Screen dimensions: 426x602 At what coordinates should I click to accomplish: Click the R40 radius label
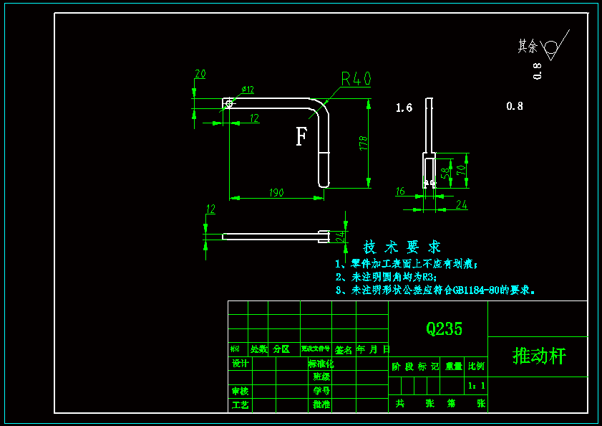[x=356, y=78]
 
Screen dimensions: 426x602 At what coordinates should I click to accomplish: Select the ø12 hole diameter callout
[x=248, y=90]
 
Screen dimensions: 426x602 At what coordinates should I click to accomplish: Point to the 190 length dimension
[x=276, y=193]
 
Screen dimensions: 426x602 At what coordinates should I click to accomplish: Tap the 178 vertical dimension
[x=364, y=143]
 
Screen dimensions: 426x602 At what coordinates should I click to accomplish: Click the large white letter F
[x=301, y=136]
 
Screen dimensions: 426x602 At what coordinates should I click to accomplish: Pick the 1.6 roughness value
[x=404, y=108]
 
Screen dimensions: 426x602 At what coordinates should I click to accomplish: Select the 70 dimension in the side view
[x=462, y=171]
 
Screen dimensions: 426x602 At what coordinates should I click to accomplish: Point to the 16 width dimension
[x=400, y=191]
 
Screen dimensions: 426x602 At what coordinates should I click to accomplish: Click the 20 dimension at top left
[x=200, y=74]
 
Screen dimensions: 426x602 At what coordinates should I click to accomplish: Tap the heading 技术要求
[x=402, y=247]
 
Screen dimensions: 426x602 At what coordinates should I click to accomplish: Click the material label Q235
[x=444, y=329]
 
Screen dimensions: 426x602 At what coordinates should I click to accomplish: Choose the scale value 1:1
[x=476, y=386]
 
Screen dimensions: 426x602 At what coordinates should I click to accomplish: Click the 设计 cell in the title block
[x=241, y=364]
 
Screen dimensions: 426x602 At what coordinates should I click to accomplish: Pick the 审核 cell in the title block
[x=241, y=391]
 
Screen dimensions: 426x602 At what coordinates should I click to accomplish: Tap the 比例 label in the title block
[x=476, y=366]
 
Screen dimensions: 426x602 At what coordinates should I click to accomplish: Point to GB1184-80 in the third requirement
[x=475, y=290]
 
